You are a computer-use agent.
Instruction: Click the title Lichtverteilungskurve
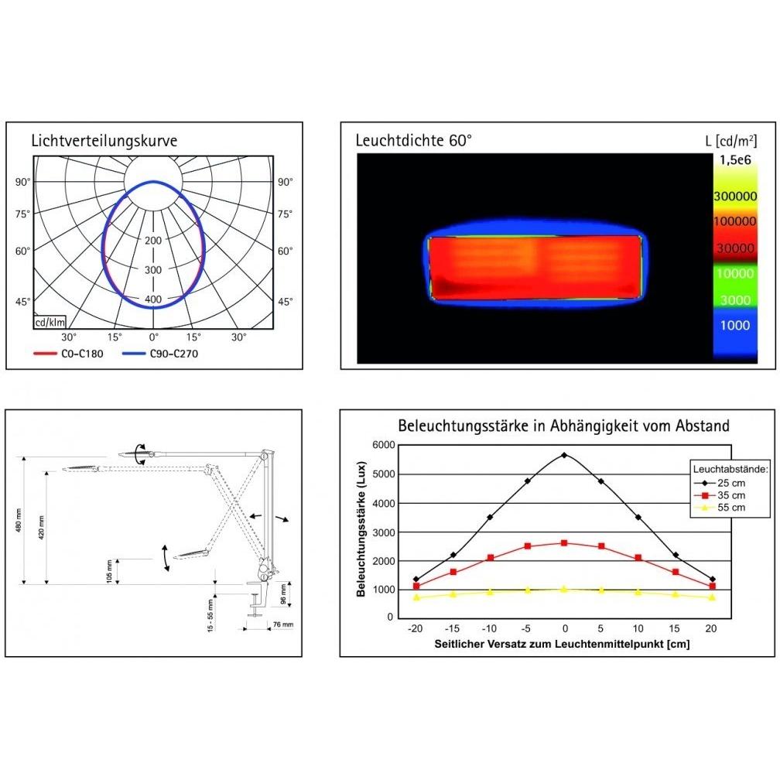[x=104, y=141]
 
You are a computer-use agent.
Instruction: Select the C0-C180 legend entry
[x=68, y=354]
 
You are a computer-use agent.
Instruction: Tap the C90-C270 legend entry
[x=160, y=354]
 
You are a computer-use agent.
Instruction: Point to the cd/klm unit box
[x=50, y=323]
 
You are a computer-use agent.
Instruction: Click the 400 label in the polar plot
[x=153, y=299]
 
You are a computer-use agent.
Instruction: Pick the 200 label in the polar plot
[x=153, y=240]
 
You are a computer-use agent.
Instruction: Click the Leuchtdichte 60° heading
[x=413, y=141]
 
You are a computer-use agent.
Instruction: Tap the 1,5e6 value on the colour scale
[x=735, y=160]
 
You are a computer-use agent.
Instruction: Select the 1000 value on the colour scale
[x=735, y=325]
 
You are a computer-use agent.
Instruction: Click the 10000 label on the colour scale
[x=735, y=273]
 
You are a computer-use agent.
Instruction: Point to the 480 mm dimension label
[x=19, y=520]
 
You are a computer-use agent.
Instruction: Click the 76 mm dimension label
[x=283, y=624]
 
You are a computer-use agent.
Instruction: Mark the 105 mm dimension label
[x=109, y=572]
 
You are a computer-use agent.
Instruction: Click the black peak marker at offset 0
[x=563, y=455]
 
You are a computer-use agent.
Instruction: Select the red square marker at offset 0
[x=563, y=543]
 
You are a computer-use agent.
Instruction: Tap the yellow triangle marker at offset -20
[x=416, y=597]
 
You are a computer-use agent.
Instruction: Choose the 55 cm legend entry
[x=720, y=508]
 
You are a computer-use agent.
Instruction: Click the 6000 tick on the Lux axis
[x=384, y=445]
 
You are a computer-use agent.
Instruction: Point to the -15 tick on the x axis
[x=452, y=628]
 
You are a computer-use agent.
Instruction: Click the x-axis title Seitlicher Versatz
[x=562, y=644]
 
